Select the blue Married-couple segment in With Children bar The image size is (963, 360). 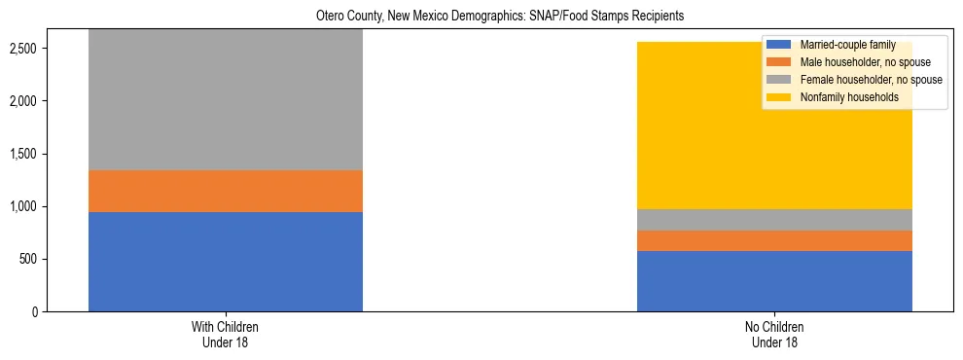[x=226, y=262]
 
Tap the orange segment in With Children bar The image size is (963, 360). [x=226, y=191]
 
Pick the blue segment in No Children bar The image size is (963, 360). [x=774, y=281]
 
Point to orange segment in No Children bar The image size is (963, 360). [x=774, y=240]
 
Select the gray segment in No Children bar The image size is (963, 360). [x=774, y=220]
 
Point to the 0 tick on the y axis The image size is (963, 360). [x=35, y=311]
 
